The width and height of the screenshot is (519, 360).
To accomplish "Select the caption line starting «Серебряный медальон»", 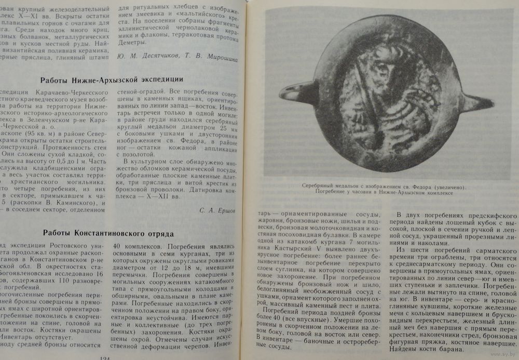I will pos(384,186).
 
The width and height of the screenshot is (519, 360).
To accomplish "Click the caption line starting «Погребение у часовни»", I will pos(384,193).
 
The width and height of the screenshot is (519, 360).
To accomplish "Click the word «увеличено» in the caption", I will pos(449,186).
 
